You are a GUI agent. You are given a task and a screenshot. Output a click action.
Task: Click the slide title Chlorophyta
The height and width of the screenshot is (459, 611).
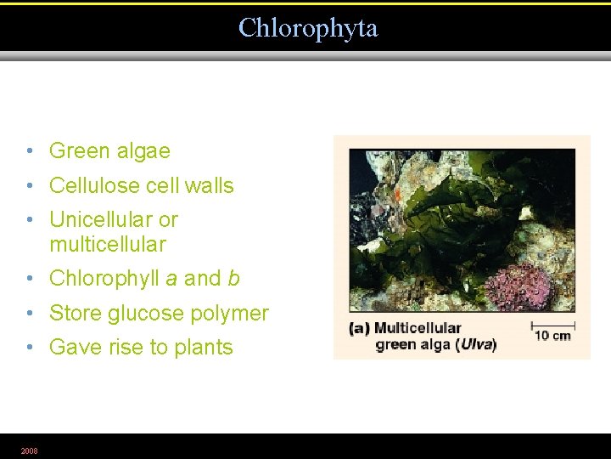[307, 28]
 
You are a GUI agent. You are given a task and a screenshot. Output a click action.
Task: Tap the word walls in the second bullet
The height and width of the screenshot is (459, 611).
[208, 185]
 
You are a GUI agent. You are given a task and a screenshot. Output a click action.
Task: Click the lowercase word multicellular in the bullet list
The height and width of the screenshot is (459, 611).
[107, 245]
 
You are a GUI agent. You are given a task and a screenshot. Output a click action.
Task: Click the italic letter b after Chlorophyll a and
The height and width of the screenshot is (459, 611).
[233, 279]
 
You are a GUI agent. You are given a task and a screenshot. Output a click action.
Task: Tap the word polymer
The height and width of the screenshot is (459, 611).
[237, 314]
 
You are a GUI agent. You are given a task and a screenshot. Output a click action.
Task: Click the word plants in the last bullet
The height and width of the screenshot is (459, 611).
[203, 348]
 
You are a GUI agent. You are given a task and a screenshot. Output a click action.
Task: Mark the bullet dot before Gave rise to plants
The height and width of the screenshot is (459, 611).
[30, 348]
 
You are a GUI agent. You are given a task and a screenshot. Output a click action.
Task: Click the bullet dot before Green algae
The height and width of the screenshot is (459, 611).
[30, 151]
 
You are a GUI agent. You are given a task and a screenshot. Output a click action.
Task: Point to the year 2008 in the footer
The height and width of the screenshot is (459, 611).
[29, 450]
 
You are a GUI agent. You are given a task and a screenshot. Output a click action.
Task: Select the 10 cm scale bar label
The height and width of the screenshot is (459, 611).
[552, 336]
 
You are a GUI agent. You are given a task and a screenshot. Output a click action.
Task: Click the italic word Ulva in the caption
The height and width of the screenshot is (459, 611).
[477, 345]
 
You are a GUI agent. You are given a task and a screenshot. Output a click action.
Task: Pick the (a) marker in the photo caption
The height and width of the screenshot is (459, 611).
[359, 328]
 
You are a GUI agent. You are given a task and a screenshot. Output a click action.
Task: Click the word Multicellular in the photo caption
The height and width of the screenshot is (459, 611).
[418, 328]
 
